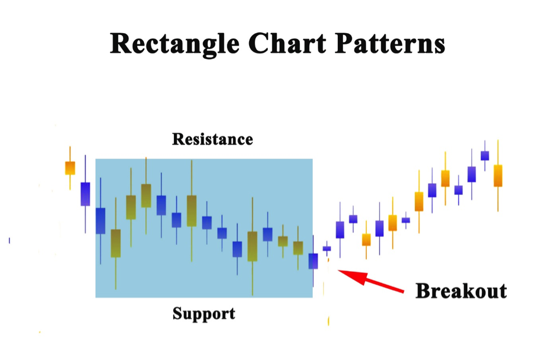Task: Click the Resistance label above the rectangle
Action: pos(212,139)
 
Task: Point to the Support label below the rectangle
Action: pos(204,313)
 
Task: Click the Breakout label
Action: pos(461,290)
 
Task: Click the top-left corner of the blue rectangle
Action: pos(96,159)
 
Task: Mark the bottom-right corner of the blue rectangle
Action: pos(312,297)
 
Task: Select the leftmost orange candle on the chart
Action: pos(70,167)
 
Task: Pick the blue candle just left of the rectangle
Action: pos(85,194)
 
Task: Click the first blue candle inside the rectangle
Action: pos(100,221)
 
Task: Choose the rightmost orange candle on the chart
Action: pos(498,175)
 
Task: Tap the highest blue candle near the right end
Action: pos(485,155)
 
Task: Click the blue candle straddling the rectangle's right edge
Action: pos(313,261)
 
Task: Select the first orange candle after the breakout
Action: pos(366,239)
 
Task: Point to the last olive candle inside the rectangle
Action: pos(298,248)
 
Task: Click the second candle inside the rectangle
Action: pos(115,243)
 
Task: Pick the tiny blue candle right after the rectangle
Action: pos(327,249)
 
